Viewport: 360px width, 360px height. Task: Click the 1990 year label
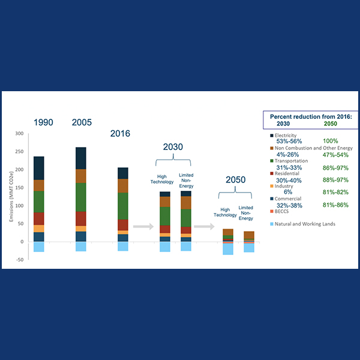pos(43,122)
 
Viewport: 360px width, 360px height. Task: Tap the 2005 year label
pos(82,122)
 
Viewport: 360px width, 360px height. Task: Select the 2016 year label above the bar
pos(120,133)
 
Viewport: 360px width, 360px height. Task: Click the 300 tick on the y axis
pos(19,134)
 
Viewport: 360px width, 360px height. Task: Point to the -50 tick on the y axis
pos(19,260)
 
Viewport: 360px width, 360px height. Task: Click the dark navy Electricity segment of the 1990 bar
pos(38,168)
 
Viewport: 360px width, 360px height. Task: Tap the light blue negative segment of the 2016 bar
pos(123,246)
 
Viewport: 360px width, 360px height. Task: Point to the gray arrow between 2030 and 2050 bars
pos(204,227)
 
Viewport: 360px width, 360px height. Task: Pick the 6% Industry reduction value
pos(288,192)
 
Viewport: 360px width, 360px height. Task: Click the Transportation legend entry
pos(294,161)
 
